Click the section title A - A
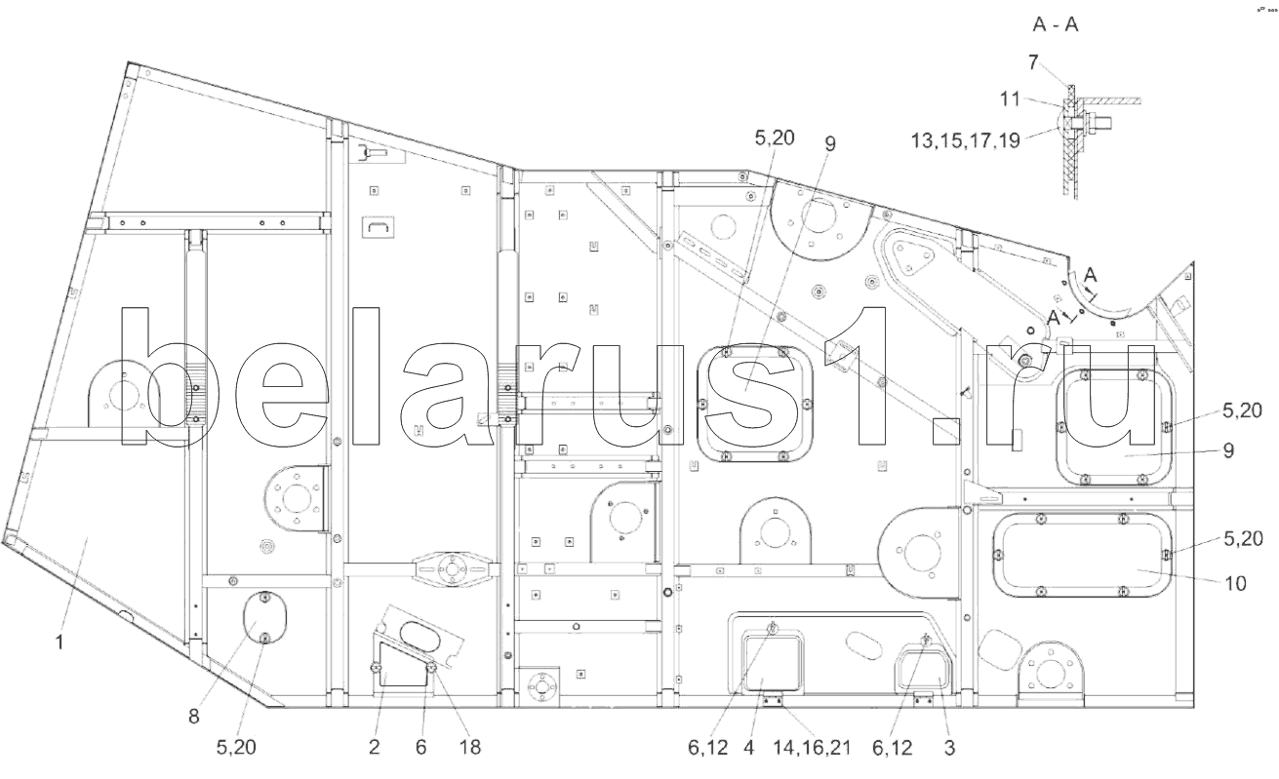click(1056, 24)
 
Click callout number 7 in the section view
click(1033, 62)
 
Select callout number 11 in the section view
click(1010, 98)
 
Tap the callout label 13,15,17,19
click(965, 140)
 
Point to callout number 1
click(60, 643)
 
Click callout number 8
click(194, 717)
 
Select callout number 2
click(374, 747)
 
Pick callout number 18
click(470, 747)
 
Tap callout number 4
click(749, 747)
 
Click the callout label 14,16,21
click(812, 747)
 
